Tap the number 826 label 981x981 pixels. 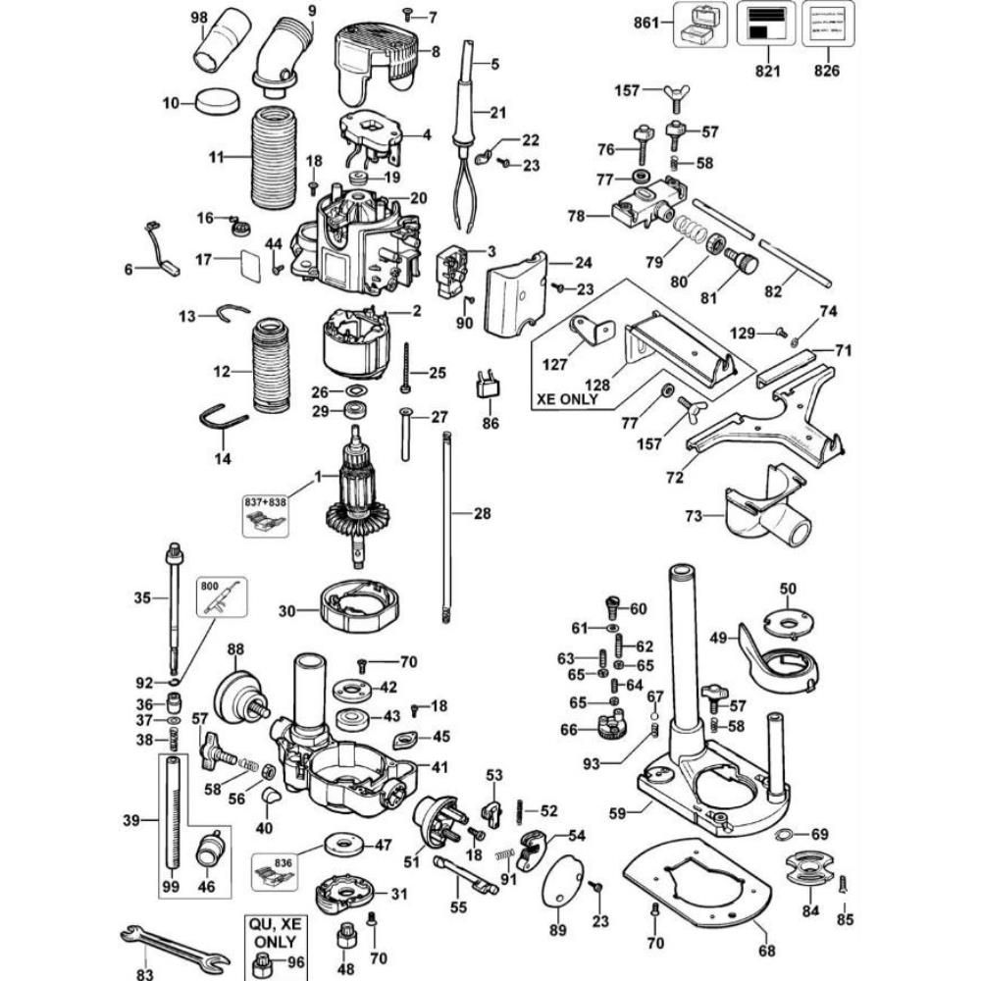point(826,72)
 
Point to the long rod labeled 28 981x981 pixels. point(446,526)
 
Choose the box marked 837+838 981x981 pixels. point(265,510)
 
